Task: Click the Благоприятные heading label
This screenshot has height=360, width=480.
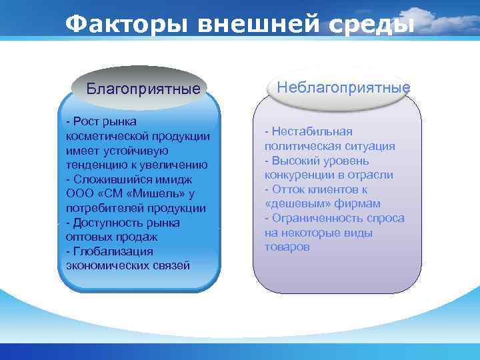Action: pos(143,88)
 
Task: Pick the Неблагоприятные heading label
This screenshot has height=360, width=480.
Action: pos(343,87)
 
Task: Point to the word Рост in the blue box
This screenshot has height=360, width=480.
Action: pos(87,121)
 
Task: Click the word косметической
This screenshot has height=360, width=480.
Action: pos(102,135)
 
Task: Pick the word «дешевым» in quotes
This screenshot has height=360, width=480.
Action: pos(293,203)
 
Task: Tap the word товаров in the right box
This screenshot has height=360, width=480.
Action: pos(287,247)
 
